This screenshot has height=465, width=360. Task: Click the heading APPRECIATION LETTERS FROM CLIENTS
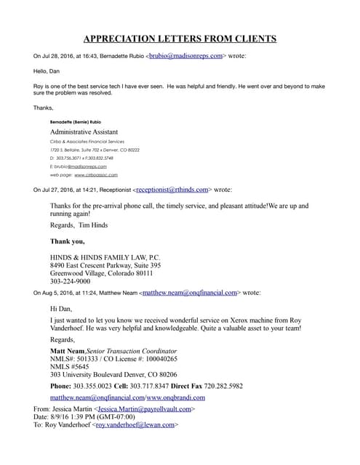tap(180, 39)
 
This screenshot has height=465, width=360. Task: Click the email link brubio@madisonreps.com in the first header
tap(187, 55)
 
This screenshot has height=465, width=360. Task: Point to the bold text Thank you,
tap(67, 241)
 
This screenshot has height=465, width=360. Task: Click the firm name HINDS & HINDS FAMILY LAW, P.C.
tap(108, 258)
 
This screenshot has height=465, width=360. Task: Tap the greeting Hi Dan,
tap(61, 309)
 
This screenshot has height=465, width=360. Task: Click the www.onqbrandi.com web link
tap(175, 398)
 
